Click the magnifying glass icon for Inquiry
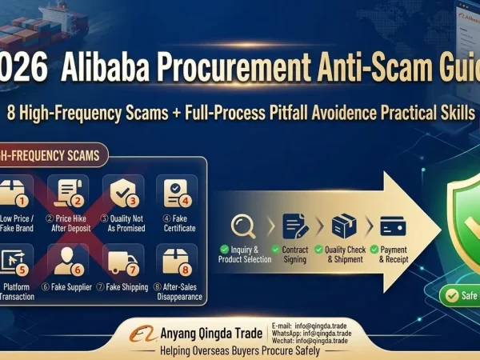tap(245, 225)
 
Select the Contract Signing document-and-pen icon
tap(295, 225)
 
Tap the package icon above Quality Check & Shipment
tap(345, 225)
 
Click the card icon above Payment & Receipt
tap(393, 225)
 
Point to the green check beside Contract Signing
tap(276, 250)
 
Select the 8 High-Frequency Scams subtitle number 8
tap(10, 111)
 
